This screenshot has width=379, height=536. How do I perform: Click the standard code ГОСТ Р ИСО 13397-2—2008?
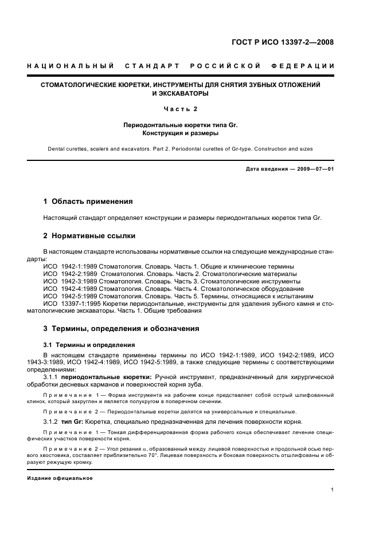coord(282,42)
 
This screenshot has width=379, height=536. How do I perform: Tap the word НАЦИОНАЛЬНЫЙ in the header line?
coord(71,66)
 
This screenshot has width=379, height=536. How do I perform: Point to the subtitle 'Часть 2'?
coord(180,109)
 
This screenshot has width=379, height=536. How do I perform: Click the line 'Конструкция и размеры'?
coord(180,133)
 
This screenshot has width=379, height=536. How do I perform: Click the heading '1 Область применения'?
coord(88,202)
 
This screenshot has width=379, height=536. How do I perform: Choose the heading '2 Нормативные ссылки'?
coord(88,235)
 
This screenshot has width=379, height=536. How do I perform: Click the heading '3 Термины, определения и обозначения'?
coord(122,329)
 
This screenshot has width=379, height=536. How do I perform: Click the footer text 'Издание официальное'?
coord(60,478)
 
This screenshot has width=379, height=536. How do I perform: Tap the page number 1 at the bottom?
coord(333,490)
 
